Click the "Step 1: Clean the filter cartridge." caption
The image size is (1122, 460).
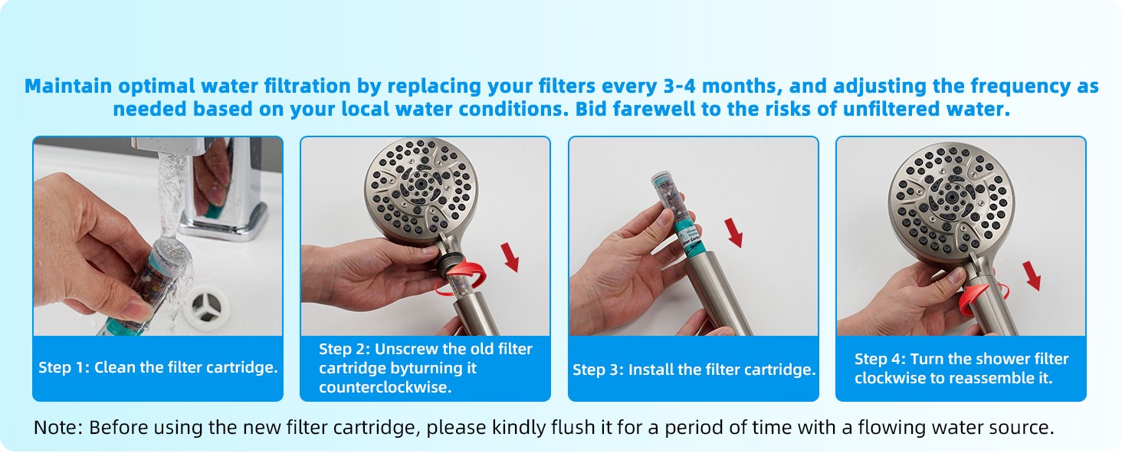158,367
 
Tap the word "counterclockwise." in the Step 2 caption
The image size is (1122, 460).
385,387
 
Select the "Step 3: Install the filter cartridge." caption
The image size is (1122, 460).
694,370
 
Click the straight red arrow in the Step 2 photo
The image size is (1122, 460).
510,257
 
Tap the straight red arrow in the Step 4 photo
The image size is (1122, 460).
1032,275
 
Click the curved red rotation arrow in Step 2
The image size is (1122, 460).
460,277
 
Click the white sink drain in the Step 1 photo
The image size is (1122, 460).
205,304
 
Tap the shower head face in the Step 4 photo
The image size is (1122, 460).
951,200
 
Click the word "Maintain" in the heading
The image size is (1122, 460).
69,86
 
